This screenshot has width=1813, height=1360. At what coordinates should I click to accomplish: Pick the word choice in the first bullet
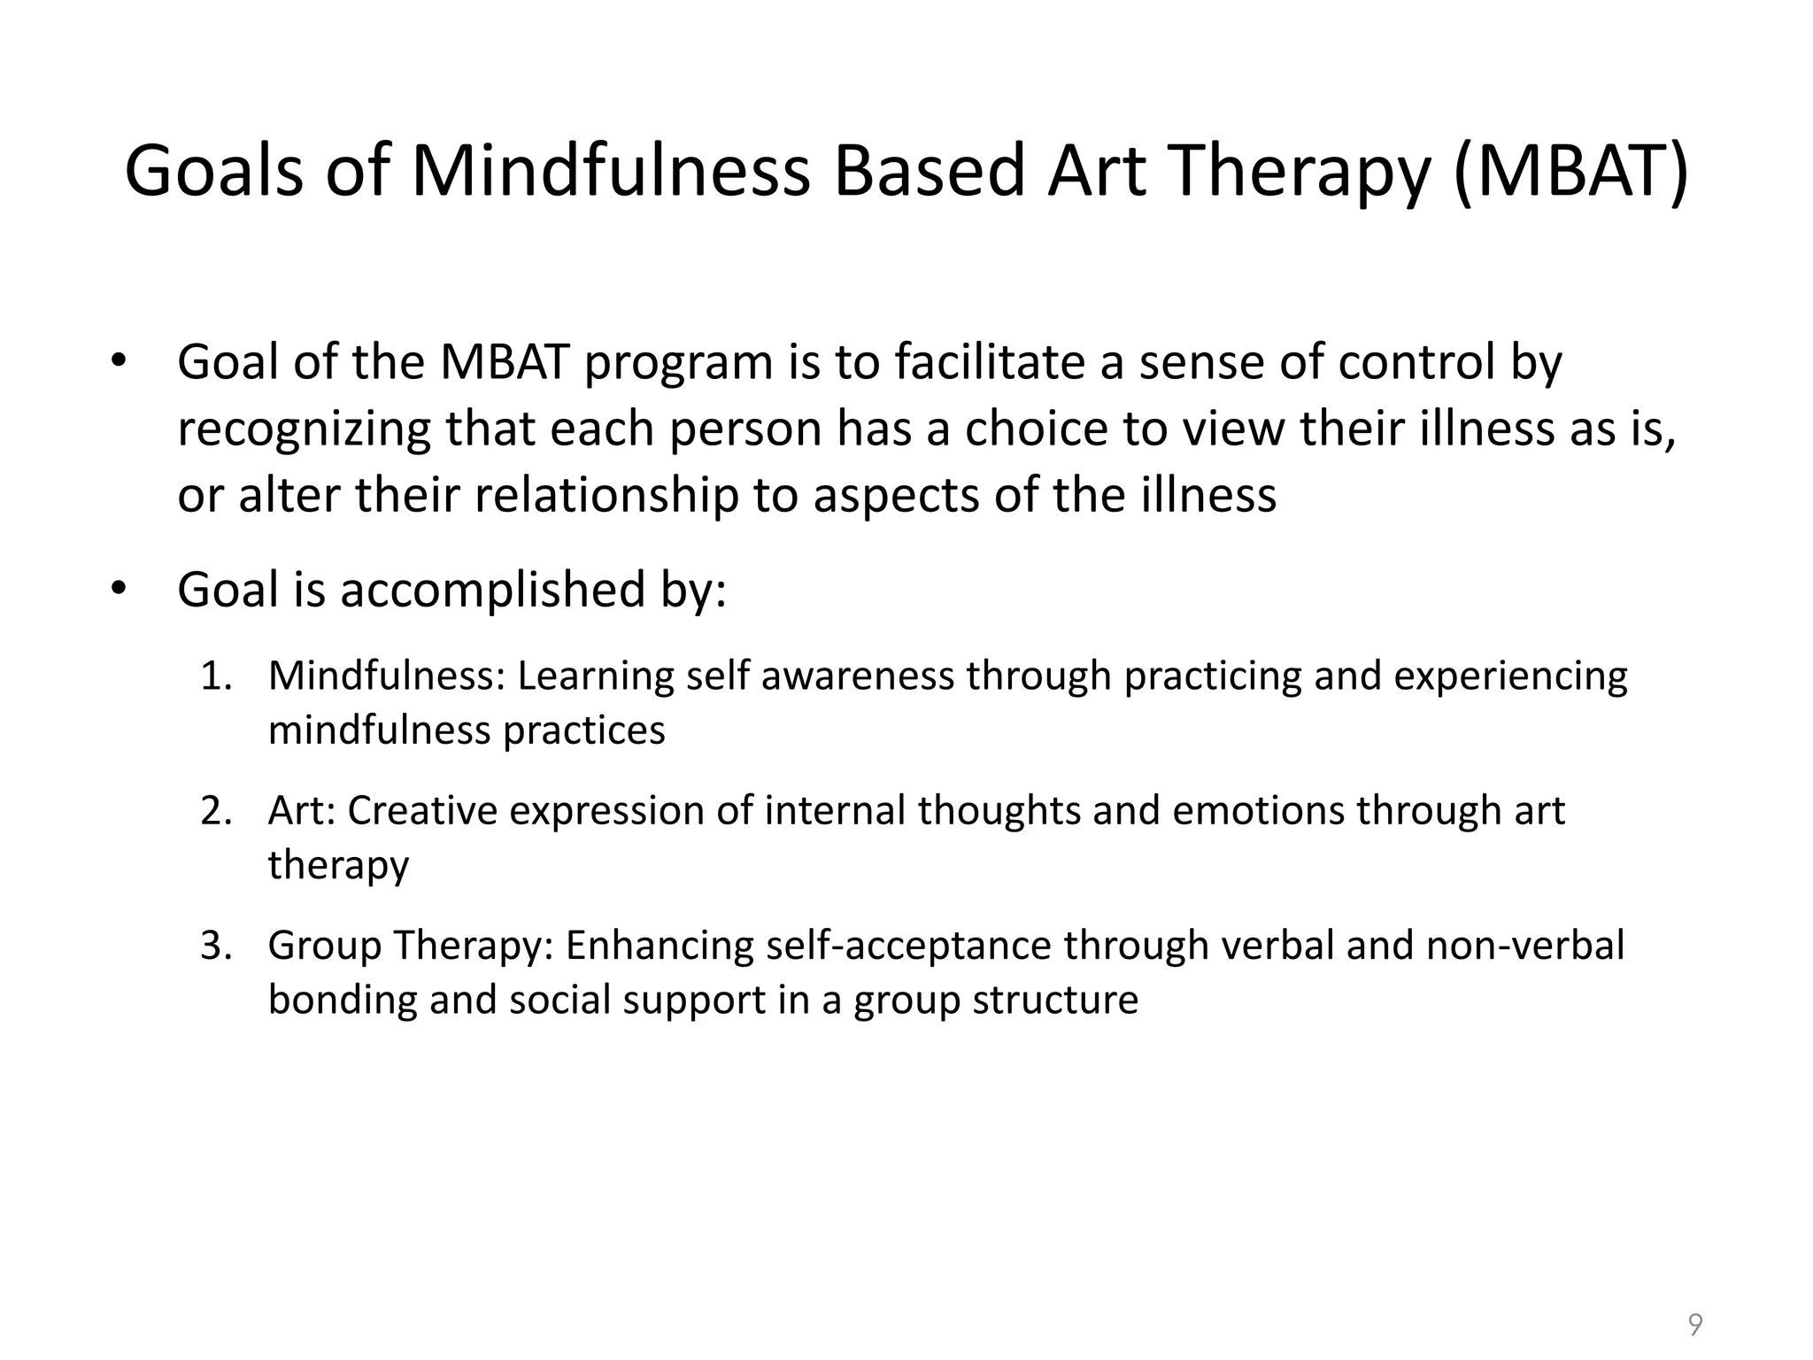click(x=1036, y=429)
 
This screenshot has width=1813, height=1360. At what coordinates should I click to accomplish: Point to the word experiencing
click(x=1510, y=676)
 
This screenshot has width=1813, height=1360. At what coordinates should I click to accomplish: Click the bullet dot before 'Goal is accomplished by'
click(x=120, y=590)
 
